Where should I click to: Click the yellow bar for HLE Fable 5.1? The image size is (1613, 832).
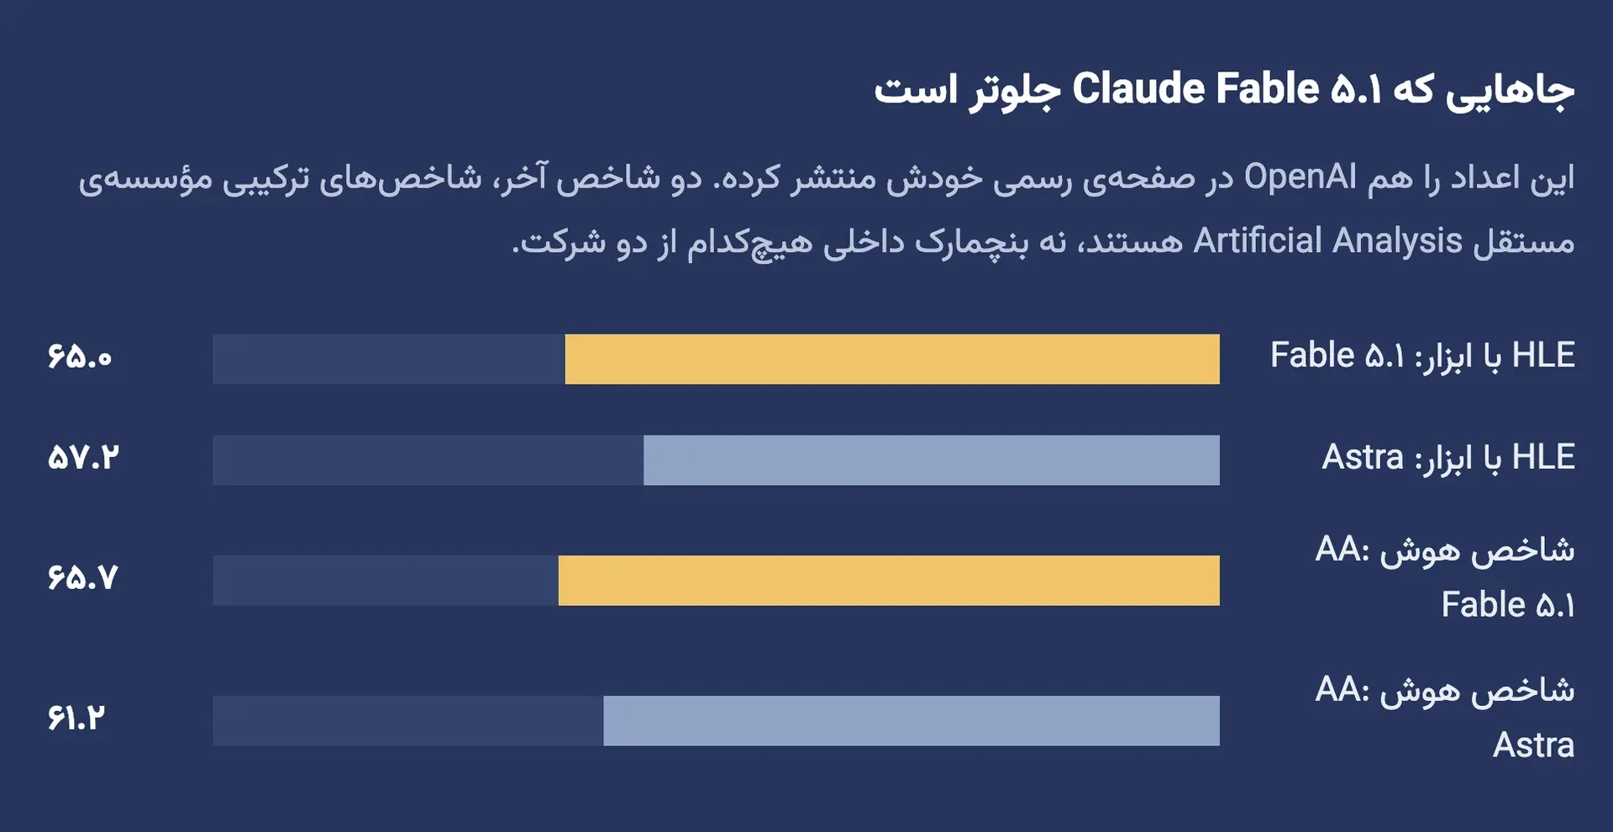click(x=892, y=359)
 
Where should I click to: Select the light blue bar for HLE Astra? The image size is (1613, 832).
click(x=932, y=460)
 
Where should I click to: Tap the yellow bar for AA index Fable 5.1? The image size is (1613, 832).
click(x=889, y=580)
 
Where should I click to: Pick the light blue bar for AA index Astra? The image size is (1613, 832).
click(x=912, y=720)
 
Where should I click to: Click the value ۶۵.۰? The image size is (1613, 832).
click(x=80, y=357)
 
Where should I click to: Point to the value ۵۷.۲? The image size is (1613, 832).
click(x=83, y=458)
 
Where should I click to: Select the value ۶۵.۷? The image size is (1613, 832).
click(x=82, y=578)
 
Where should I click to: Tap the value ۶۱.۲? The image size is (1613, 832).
click(x=76, y=719)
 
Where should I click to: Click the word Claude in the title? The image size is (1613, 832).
click(x=1138, y=89)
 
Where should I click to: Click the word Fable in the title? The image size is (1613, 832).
click(x=1268, y=89)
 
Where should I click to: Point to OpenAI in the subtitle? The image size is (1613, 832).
click(x=1300, y=177)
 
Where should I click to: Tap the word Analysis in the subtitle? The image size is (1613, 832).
click(x=1398, y=242)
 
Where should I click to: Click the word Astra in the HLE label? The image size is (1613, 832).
click(x=1363, y=458)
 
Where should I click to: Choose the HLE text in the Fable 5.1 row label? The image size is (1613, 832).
click(x=1543, y=355)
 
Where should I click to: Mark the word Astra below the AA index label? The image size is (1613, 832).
click(x=1533, y=745)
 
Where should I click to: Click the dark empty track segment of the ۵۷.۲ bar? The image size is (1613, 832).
click(x=428, y=460)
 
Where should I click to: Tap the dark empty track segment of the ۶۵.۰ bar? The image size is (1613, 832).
click(x=389, y=359)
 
